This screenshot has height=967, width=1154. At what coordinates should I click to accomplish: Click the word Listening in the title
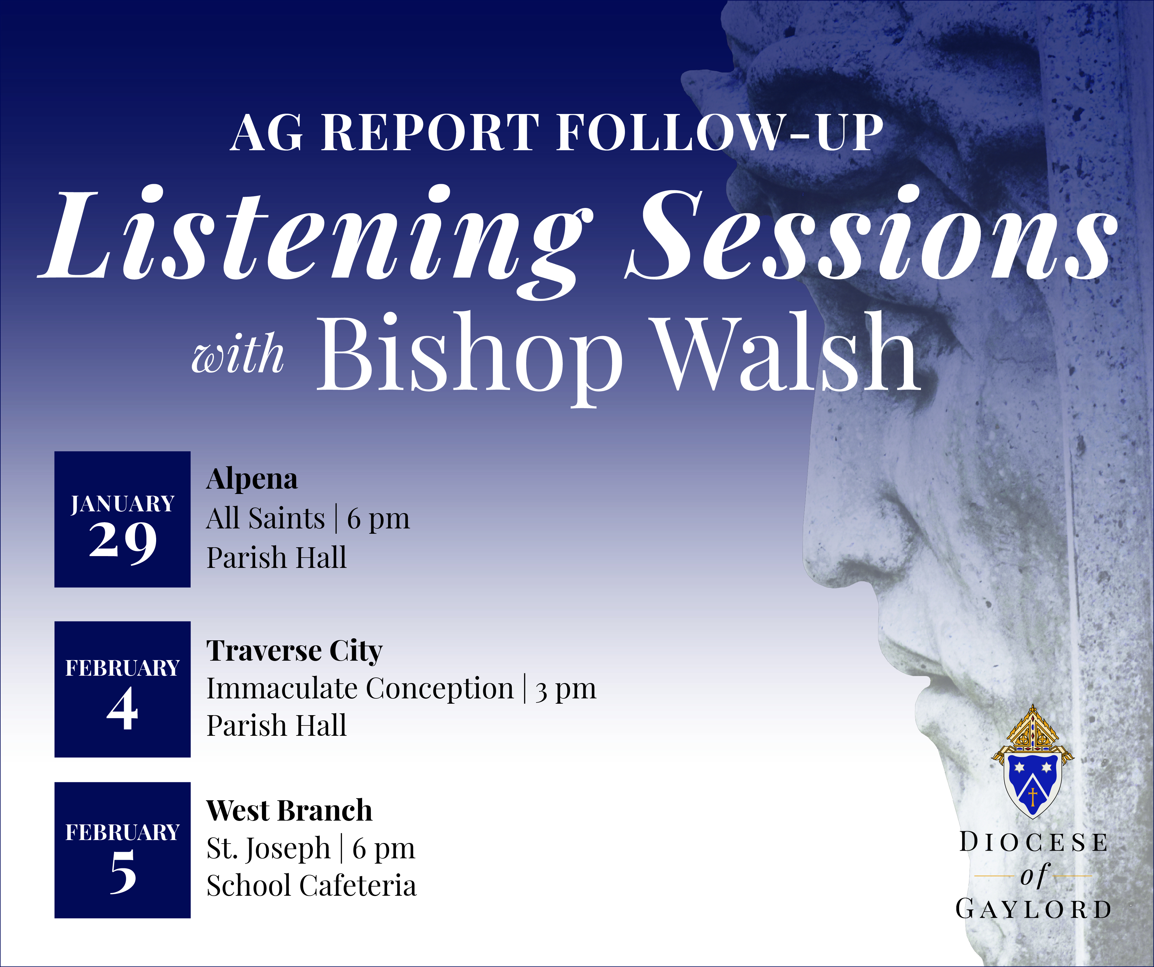[x=316, y=236]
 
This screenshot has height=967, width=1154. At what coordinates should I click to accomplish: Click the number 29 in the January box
[x=123, y=541]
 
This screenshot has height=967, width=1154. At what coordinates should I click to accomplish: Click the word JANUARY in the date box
[x=123, y=504]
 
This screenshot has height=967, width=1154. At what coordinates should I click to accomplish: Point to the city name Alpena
[x=252, y=479]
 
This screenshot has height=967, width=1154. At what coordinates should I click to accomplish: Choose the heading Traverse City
[x=294, y=651]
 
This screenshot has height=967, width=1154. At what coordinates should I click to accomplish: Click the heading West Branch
[x=289, y=811]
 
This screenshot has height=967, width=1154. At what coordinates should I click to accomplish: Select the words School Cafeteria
[x=311, y=886]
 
